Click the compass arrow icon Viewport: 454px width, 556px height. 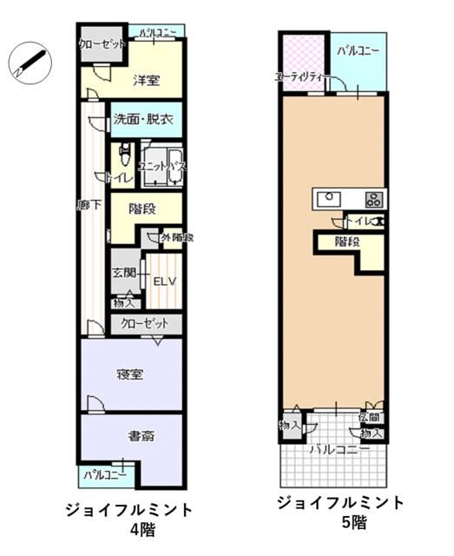click(30, 62)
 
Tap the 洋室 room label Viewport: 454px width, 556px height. click(146, 80)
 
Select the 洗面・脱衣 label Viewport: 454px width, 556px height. click(144, 120)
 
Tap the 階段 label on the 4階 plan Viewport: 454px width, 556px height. click(141, 208)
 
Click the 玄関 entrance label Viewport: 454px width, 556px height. click(123, 273)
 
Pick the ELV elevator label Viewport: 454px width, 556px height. click(164, 281)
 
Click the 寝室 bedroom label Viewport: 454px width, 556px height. click(130, 374)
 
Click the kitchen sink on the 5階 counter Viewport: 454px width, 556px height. click(329, 197)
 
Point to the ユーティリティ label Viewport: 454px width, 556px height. click(299, 77)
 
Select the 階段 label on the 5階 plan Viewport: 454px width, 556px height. click(347, 242)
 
